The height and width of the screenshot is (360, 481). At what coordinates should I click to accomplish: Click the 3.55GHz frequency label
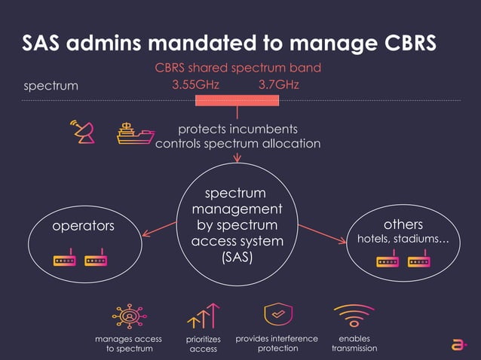click(x=195, y=84)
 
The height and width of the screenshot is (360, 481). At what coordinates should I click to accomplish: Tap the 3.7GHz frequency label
click(x=279, y=84)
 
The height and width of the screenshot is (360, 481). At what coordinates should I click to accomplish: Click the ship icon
click(x=136, y=133)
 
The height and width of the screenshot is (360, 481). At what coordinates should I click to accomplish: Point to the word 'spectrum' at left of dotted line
click(x=51, y=85)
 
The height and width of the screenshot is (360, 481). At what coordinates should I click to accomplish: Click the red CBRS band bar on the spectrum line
click(x=237, y=100)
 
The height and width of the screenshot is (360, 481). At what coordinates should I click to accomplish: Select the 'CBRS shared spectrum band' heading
click(x=237, y=68)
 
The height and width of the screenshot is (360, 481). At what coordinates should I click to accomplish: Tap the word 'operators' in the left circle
click(x=83, y=226)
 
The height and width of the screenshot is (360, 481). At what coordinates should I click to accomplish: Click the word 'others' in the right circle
click(x=403, y=224)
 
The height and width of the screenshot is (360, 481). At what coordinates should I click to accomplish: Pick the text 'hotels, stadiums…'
click(x=403, y=240)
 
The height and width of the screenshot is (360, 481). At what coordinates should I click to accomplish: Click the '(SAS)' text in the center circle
click(x=237, y=258)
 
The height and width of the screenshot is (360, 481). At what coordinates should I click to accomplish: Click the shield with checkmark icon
click(x=277, y=315)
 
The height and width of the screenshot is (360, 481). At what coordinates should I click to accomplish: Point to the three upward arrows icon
click(x=203, y=316)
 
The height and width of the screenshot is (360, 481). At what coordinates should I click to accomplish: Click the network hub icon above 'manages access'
click(x=129, y=316)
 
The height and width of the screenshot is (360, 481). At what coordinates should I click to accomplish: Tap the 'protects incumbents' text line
click(x=237, y=129)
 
